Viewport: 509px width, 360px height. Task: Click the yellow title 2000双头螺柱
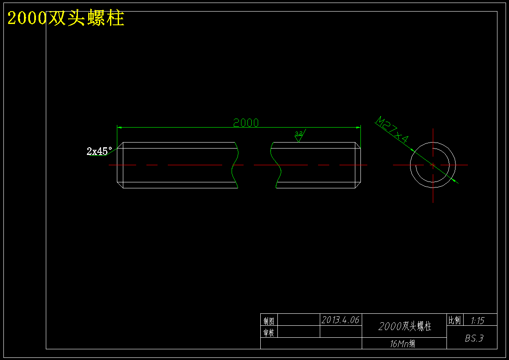(66, 18)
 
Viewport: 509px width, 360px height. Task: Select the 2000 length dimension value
(246, 123)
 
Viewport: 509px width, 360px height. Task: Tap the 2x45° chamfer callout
(99, 151)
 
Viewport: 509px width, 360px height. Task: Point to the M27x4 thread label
(391, 130)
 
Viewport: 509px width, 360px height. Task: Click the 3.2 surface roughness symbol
(300, 135)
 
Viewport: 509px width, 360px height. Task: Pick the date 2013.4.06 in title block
(340, 320)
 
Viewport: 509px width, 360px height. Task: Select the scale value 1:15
(477, 321)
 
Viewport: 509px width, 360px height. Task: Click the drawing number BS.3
(474, 338)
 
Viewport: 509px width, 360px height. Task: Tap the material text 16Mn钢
(402, 344)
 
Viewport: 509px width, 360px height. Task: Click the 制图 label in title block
(269, 321)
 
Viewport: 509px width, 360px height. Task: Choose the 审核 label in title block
(269, 333)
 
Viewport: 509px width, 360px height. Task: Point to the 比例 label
(455, 321)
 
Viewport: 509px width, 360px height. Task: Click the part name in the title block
(405, 327)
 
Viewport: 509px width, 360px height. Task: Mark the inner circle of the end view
(433, 149)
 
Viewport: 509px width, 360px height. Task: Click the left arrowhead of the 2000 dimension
(119, 128)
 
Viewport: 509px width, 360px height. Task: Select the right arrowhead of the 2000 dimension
(358, 128)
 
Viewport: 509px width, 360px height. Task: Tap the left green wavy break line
(235, 165)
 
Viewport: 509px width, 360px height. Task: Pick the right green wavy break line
(276, 165)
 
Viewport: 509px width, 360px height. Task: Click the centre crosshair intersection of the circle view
(433, 165)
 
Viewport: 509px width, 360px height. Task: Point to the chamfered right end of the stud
(358, 165)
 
